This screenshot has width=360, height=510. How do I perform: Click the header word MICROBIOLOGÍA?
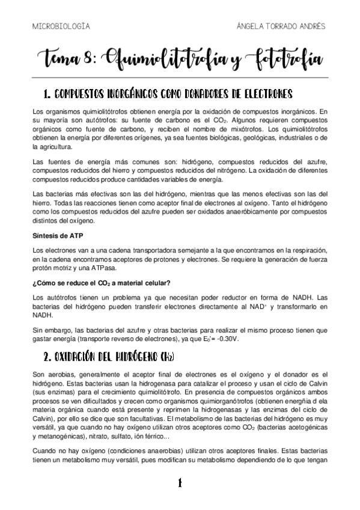click(60, 26)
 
